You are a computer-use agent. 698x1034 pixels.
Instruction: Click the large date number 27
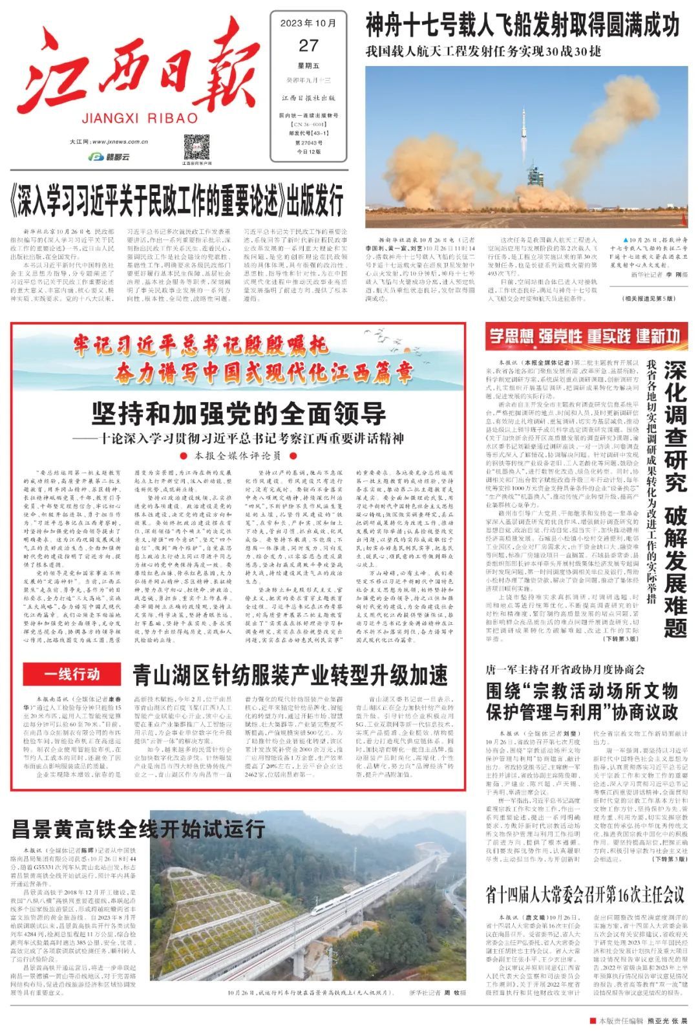click(308, 45)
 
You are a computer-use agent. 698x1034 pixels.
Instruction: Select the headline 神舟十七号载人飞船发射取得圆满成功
click(522, 26)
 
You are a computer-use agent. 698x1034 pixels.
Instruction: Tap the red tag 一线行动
click(72, 674)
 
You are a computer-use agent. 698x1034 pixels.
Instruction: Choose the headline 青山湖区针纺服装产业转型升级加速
click(290, 675)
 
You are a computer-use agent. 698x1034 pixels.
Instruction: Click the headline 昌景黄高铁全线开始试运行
click(138, 829)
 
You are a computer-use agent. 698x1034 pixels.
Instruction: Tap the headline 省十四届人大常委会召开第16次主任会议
click(584, 895)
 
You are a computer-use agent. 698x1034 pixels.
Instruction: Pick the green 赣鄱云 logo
click(109, 156)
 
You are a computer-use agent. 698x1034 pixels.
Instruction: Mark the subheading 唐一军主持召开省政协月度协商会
click(565, 669)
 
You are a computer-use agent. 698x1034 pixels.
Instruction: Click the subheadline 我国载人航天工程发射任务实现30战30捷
click(483, 51)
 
